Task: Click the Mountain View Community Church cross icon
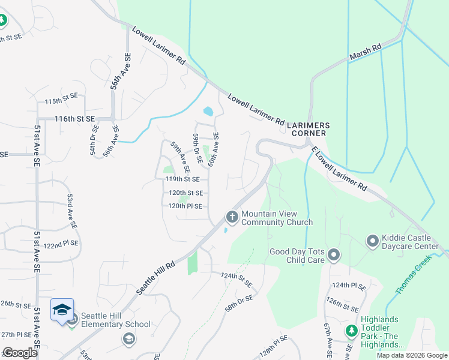232,217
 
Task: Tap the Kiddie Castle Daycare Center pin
373,241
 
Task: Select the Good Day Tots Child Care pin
334,257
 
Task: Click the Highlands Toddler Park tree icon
351,331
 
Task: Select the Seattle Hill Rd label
155,277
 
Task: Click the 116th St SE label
75,119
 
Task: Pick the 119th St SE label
187,179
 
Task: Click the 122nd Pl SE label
61,244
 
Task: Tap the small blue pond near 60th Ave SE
208,111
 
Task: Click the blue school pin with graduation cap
62,310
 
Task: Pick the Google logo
20,353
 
